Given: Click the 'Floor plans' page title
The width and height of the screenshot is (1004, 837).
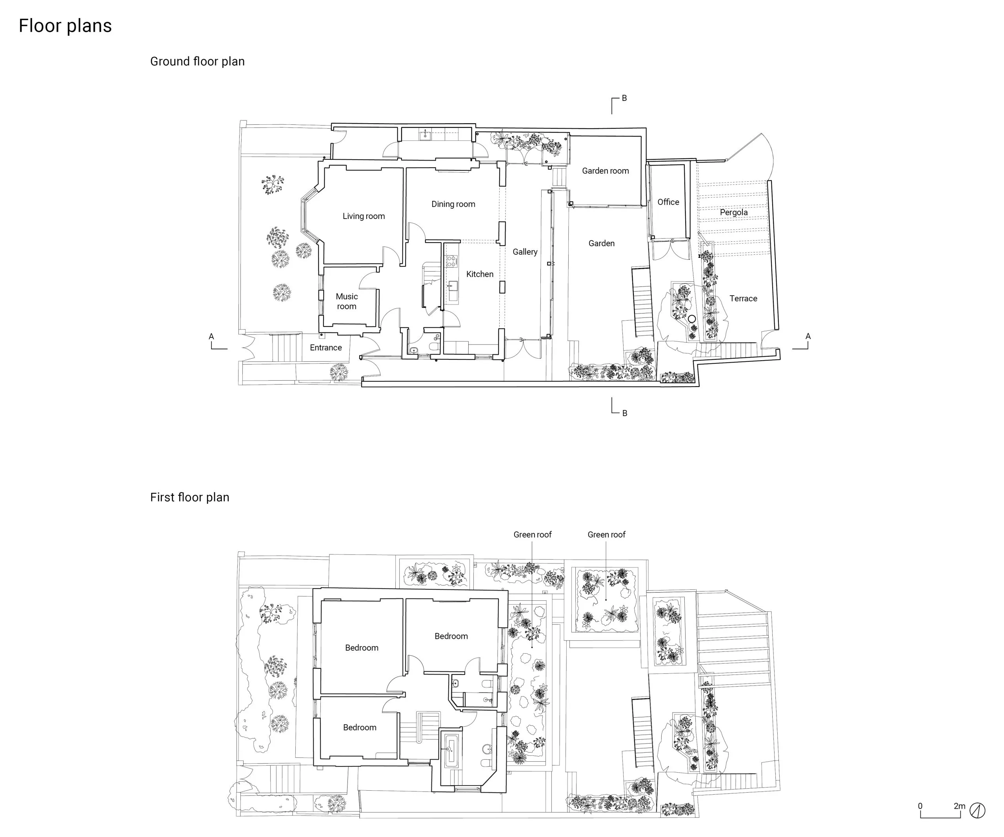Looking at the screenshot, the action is pyautogui.click(x=65, y=26).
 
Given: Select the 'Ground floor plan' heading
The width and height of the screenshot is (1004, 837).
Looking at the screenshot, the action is pyautogui.click(x=197, y=62).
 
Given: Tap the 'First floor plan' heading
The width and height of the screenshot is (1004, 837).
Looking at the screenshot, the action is pyautogui.click(x=190, y=498).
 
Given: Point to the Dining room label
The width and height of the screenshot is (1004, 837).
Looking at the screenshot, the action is pyautogui.click(x=453, y=204).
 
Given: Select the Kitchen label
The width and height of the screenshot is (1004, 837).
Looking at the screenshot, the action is pyautogui.click(x=480, y=274).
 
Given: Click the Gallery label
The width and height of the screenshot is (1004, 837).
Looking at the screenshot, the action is pyautogui.click(x=525, y=252).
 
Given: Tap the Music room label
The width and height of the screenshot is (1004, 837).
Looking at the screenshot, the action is pyautogui.click(x=347, y=301).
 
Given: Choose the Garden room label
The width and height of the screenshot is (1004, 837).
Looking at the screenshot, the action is pyautogui.click(x=605, y=171).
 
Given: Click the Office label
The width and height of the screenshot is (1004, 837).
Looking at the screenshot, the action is pyautogui.click(x=668, y=202).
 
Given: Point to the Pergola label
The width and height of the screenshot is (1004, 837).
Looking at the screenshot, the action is pyautogui.click(x=733, y=212).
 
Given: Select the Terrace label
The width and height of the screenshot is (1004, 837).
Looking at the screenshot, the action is pyautogui.click(x=743, y=299).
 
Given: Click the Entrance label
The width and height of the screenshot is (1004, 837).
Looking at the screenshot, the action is pyautogui.click(x=326, y=348).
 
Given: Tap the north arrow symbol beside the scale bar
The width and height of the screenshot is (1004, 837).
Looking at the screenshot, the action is pyautogui.click(x=978, y=810).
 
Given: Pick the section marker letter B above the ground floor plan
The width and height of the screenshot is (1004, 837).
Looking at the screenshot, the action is pyautogui.click(x=624, y=98).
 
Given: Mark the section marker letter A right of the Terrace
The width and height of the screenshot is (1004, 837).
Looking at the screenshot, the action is pyautogui.click(x=808, y=336).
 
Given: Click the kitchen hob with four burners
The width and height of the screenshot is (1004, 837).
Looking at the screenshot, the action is pyautogui.click(x=451, y=261).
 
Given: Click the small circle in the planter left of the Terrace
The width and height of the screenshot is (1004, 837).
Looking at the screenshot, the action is pyautogui.click(x=691, y=319).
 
